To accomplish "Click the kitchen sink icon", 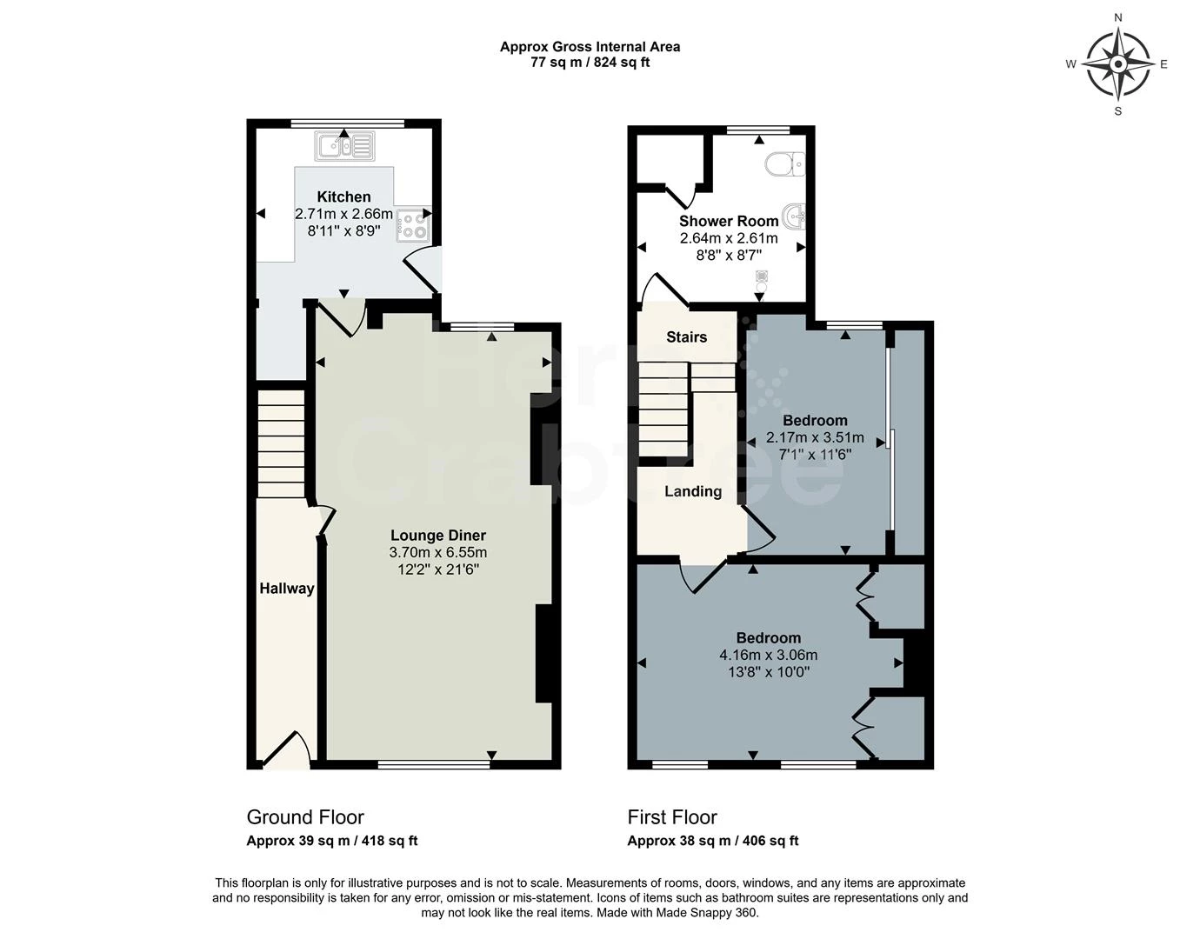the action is (345, 146).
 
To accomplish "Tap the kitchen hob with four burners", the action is (413, 225).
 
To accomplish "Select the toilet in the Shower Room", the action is (785, 164).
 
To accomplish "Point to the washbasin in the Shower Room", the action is (793, 216).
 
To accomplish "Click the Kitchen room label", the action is (343, 196).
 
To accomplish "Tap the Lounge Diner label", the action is (438, 535).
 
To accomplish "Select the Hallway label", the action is (287, 588).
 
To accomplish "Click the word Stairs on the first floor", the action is (686, 336).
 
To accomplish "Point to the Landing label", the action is (693, 491).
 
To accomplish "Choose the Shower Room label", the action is (729, 221).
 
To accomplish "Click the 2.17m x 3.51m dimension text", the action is (815, 437).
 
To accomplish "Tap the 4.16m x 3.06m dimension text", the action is (768, 655).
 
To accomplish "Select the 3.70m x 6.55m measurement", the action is (438, 552).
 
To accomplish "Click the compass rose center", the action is (1118, 64).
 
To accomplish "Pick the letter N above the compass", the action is (1118, 17).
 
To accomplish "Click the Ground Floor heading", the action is (305, 817).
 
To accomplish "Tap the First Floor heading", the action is (672, 817).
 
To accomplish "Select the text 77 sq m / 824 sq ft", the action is (590, 62).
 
